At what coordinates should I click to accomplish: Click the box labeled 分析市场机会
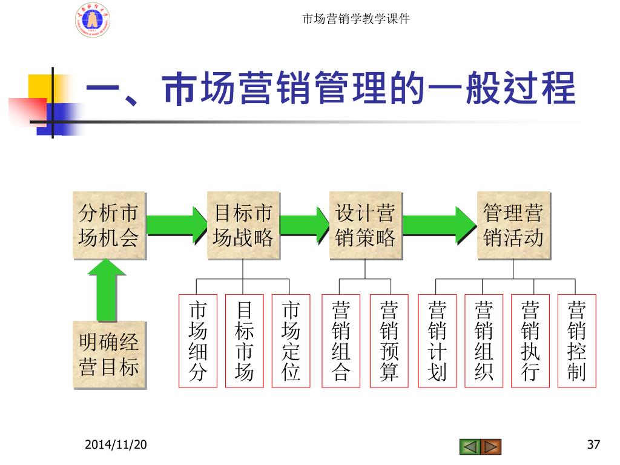click(x=109, y=225)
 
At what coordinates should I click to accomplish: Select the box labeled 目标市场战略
click(x=243, y=225)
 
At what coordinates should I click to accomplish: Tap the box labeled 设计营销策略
click(x=366, y=225)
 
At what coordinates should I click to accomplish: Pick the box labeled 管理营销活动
click(x=513, y=225)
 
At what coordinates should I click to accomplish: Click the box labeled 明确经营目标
click(x=109, y=355)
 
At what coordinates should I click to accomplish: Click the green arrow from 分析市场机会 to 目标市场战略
click(x=177, y=223)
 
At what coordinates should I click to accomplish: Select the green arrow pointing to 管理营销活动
click(x=440, y=223)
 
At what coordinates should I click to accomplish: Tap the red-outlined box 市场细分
click(x=197, y=341)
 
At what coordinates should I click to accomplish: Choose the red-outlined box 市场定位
click(x=291, y=341)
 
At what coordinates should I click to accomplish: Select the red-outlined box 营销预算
click(x=389, y=341)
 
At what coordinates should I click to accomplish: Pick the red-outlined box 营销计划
click(x=437, y=341)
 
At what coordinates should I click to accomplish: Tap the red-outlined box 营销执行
click(x=530, y=341)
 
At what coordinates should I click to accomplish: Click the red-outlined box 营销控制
click(x=576, y=341)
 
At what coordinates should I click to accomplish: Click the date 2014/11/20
click(x=115, y=446)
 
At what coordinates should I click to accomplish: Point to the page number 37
click(x=593, y=446)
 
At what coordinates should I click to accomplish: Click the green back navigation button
click(x=469, y=447)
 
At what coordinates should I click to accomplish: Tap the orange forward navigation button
click(x=491, y=447)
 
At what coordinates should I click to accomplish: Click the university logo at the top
click(x=93, y=19)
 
